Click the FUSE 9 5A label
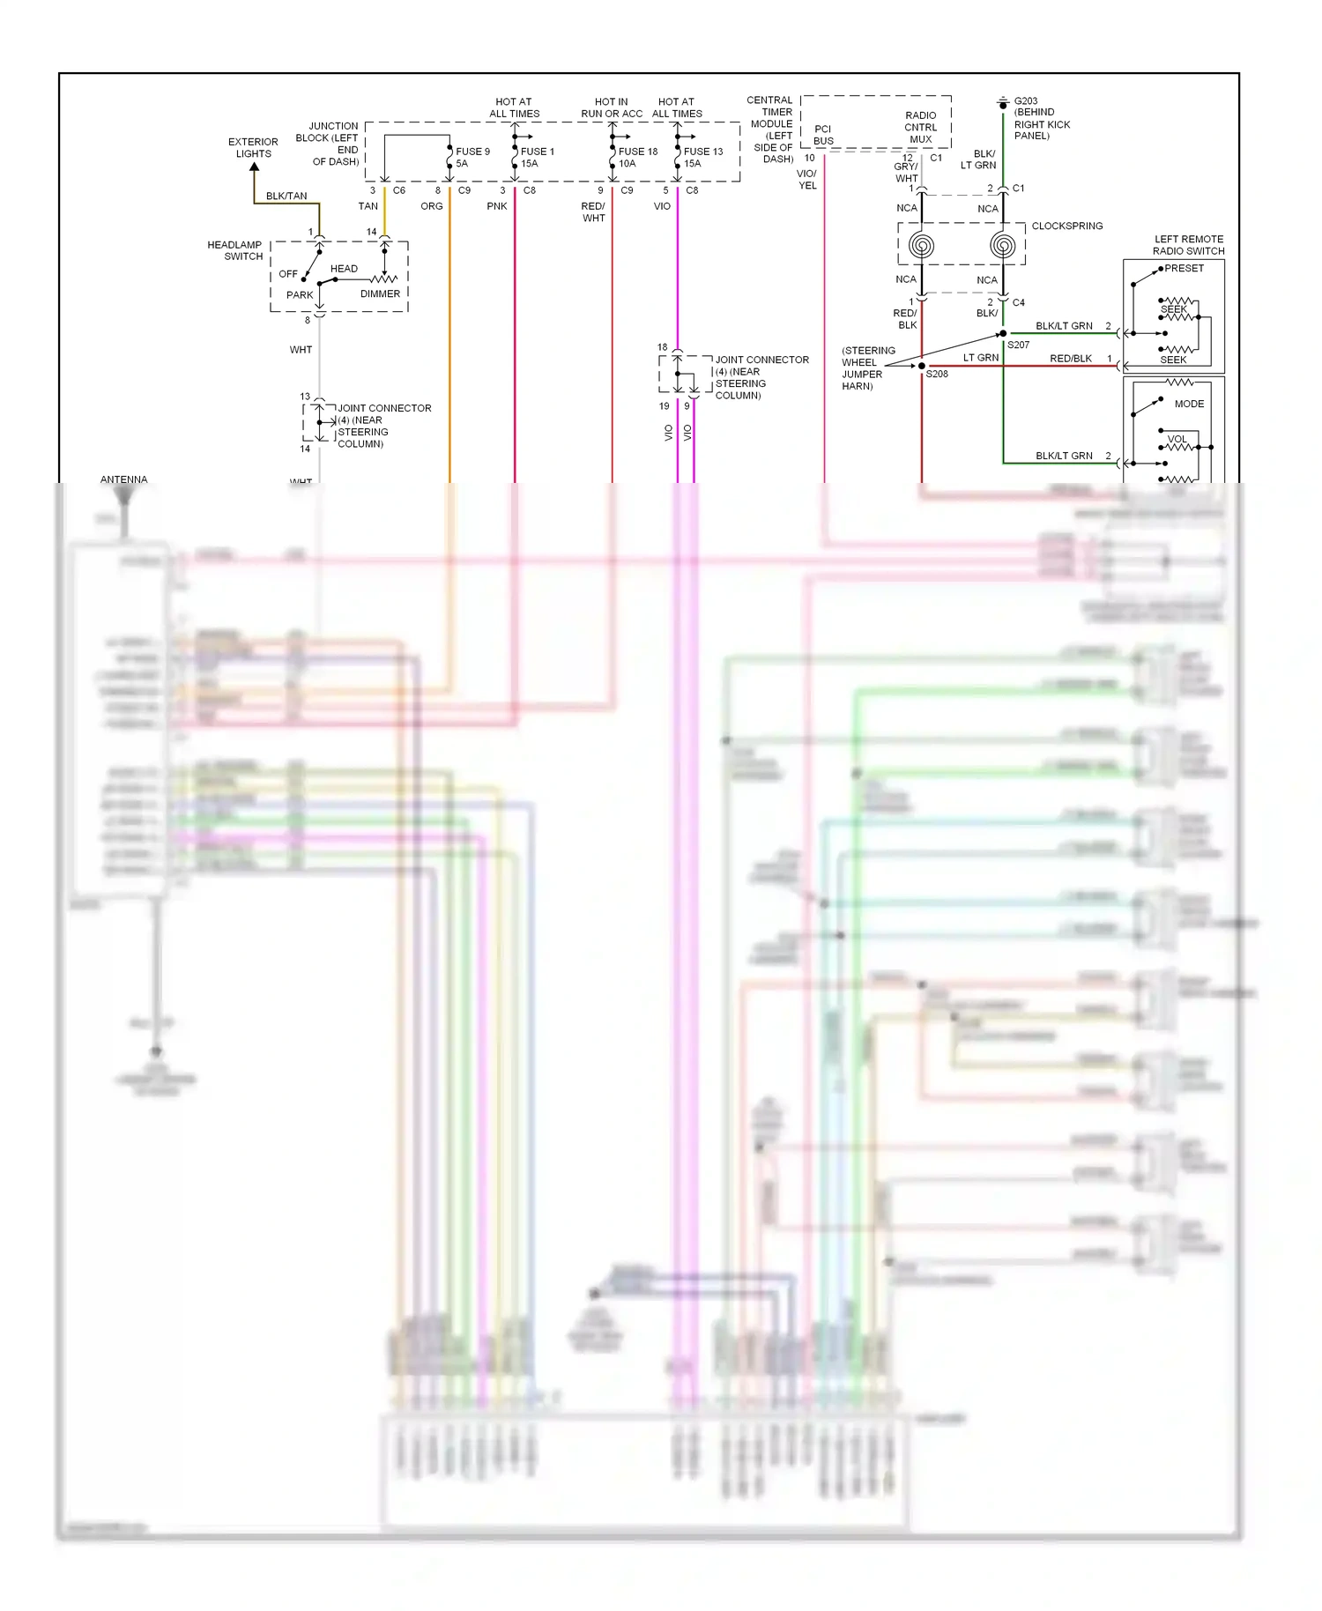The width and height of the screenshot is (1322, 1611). (x=472, y=157)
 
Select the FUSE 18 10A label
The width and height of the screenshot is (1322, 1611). (x=637, y=157)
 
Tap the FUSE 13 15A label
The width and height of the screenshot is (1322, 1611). (x=702, y=157)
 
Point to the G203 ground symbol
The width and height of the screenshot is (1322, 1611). (x=1002, y=104)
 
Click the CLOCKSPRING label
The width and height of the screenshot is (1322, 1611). (x=1066, y=226)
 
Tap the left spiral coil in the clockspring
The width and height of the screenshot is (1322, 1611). (x=921, y=245)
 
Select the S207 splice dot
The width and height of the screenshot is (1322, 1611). (x=1002, y=333)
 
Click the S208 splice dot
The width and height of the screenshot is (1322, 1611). (x=922, y=366)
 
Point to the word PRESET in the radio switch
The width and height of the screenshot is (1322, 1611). (x=1184, y=268)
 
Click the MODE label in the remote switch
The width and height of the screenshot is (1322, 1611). (x=1189, y=404)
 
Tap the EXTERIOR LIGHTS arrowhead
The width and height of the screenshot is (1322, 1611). (x=254, y=167)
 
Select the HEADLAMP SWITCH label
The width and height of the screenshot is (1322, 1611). (x=234, y=250)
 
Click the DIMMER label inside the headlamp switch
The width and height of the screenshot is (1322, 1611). (x=380, y=293)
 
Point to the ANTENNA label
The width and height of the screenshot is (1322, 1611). (x=123, y=479)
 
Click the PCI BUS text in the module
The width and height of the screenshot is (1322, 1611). (x=823, y=135)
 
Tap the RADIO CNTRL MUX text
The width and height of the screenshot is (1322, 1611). (x=920, y=127)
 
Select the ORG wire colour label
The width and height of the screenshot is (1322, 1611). (x=431, y=206)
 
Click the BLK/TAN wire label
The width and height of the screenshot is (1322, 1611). (x=286, y=196)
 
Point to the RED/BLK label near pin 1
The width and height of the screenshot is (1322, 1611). (x=1070, y=359)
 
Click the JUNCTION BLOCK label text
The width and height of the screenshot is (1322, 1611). (x=334, y=144)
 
